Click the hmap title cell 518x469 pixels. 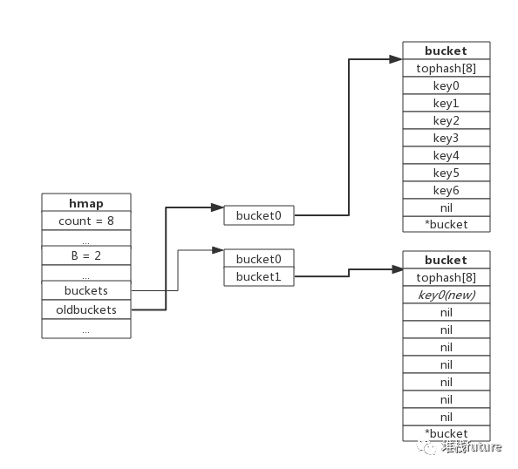pyautogui.click(x=86, y=202)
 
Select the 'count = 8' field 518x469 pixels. pyautogui.click(x=86, y=221)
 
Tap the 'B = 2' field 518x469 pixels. pyautogui.click(x=86, y=255)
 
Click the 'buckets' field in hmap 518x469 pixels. pyautogui.click(x=86, y=290)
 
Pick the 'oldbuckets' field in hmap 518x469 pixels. pyautogui.click(x=86, y=309)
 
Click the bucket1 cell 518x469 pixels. pyautogui.click(x=259, y=276)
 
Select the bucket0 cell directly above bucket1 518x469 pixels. pyautogui.click(x=259, y=259)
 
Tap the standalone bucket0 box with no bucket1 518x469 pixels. pyautogui.click(x=259, y=215)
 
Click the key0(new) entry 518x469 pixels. pyautogui.click(x=446, y=295)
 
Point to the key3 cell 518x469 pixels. pyautogui.click(x=446, y=138)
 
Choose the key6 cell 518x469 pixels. pyautogui.click(x=446, y=190)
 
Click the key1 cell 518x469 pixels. pyautogui.click(x=446, y=103)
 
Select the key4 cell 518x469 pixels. pyautogui.click(x=446, y=155)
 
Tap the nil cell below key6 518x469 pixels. pyautogui.click(x=446, y=207)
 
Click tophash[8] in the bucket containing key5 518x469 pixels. pyautogui.click(x=446, y=68)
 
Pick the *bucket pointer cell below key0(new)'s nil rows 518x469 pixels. pyautogui.click(x=446, y=433)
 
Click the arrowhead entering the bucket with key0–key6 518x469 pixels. pyautogui.click(x=396, y=59)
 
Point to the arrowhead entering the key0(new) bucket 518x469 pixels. pyautogui.click(x=398, y=269)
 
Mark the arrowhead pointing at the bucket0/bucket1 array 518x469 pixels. pyautogui.click(x=218, y=250)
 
